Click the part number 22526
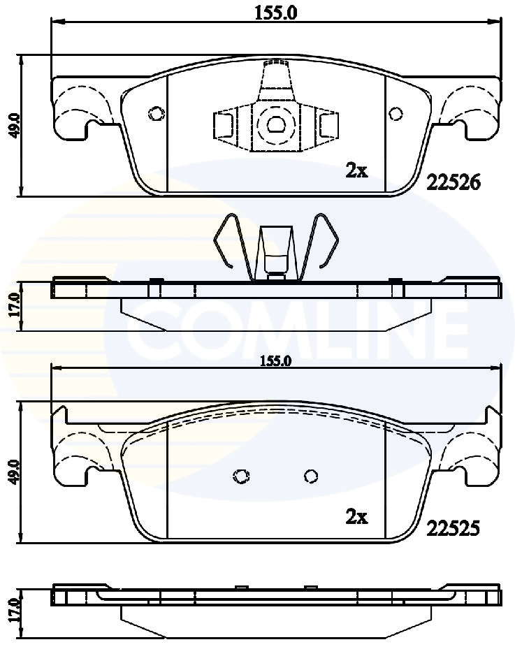pyautogui.click(x=453, y=182)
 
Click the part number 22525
pyautogui.click(x=452, y=530)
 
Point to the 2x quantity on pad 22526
pyautogui.click(x=356, y=170)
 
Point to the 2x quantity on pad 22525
pyautogui.click(x=356, y=517)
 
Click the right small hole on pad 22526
pyautogui.click(x=396, y=113)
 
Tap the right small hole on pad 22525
pyautogui.click(x=311, y=476)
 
